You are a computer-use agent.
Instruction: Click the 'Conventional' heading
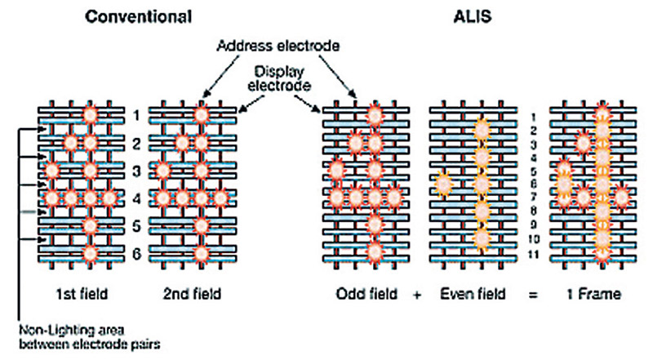[x=138, y=17]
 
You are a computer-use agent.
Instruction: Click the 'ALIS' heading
[x=473, y=16]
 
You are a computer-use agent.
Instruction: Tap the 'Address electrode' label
[x=278, y=46]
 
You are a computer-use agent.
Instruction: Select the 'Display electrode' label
[x=279, y=78]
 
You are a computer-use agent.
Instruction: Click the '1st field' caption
[x=82, y=294]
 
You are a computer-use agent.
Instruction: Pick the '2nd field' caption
[x=192, y=294]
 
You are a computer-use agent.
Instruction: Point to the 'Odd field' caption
[x=366, y=294]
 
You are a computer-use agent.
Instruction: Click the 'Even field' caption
[x=473, y=294]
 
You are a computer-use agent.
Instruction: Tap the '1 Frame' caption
[x=593, y=294]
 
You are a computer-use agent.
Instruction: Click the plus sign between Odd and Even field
[x=417, y=295]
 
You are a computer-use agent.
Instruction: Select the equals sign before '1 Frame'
[x=533, y=295]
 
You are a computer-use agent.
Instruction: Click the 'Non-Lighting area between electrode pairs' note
[x=90, y=337]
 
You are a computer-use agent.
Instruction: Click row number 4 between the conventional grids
[x=136, y=198]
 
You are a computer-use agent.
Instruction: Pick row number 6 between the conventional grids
[x=136, y=254]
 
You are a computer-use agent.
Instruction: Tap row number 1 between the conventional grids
[x=136, y=115]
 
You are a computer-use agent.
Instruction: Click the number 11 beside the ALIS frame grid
[x=534, y=254]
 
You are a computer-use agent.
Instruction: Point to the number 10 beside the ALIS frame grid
[x=534, y=239]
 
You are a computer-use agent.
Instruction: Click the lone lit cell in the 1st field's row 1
[x=90, y=114]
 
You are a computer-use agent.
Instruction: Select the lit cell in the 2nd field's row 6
[x=201, y=253]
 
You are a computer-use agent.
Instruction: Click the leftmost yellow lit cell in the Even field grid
[x=443, y=184]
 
